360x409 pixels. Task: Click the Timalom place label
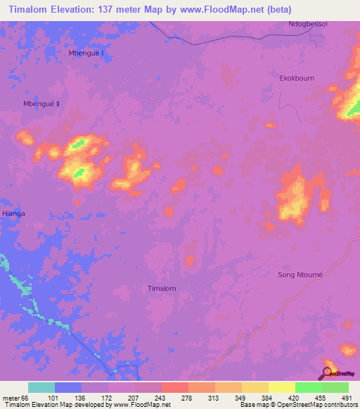[162, 289]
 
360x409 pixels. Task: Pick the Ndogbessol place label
[308, 25]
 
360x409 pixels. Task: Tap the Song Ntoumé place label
[300, 275]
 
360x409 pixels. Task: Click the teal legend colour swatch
[41, 387]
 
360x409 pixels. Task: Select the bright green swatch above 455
[308, 387]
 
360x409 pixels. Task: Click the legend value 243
[161, 398]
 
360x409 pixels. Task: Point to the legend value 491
[347, 398]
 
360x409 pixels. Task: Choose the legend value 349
[241, 398]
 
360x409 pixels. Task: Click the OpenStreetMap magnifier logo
[328, 372]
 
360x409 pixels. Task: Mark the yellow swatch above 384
[255, 387]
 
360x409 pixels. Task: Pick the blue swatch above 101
[68, 387]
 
